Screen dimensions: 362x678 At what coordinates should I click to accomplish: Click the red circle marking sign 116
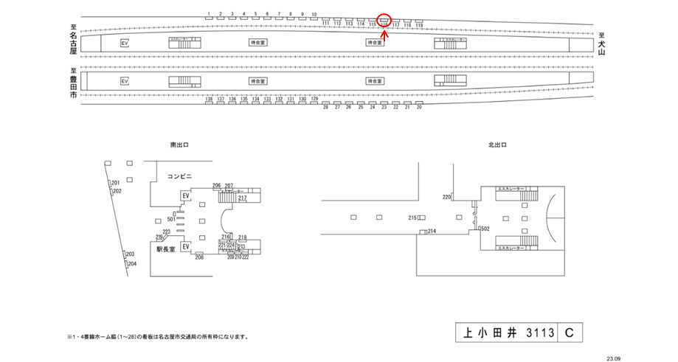point(384,20)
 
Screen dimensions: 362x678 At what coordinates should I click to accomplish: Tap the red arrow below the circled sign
point(384,32)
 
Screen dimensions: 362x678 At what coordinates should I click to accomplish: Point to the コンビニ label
point(179,176)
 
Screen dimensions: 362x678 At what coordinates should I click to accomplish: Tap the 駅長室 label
point(165,249)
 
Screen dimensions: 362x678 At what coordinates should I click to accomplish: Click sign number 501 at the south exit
point(171,218)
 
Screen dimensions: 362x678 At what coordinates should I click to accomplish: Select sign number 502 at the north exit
point(485,229)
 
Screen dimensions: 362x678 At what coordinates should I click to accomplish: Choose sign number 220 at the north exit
point(446,197)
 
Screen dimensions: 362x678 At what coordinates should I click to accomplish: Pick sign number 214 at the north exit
point(432,232)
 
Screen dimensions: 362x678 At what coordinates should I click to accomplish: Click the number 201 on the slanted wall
point(115,182)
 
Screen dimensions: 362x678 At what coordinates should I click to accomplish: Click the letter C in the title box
point(569,333)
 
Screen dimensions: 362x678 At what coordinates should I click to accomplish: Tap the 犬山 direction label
point(602,44)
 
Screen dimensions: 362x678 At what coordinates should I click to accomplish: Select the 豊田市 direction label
point(73,84)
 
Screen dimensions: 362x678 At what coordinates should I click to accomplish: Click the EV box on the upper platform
point(125,43)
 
